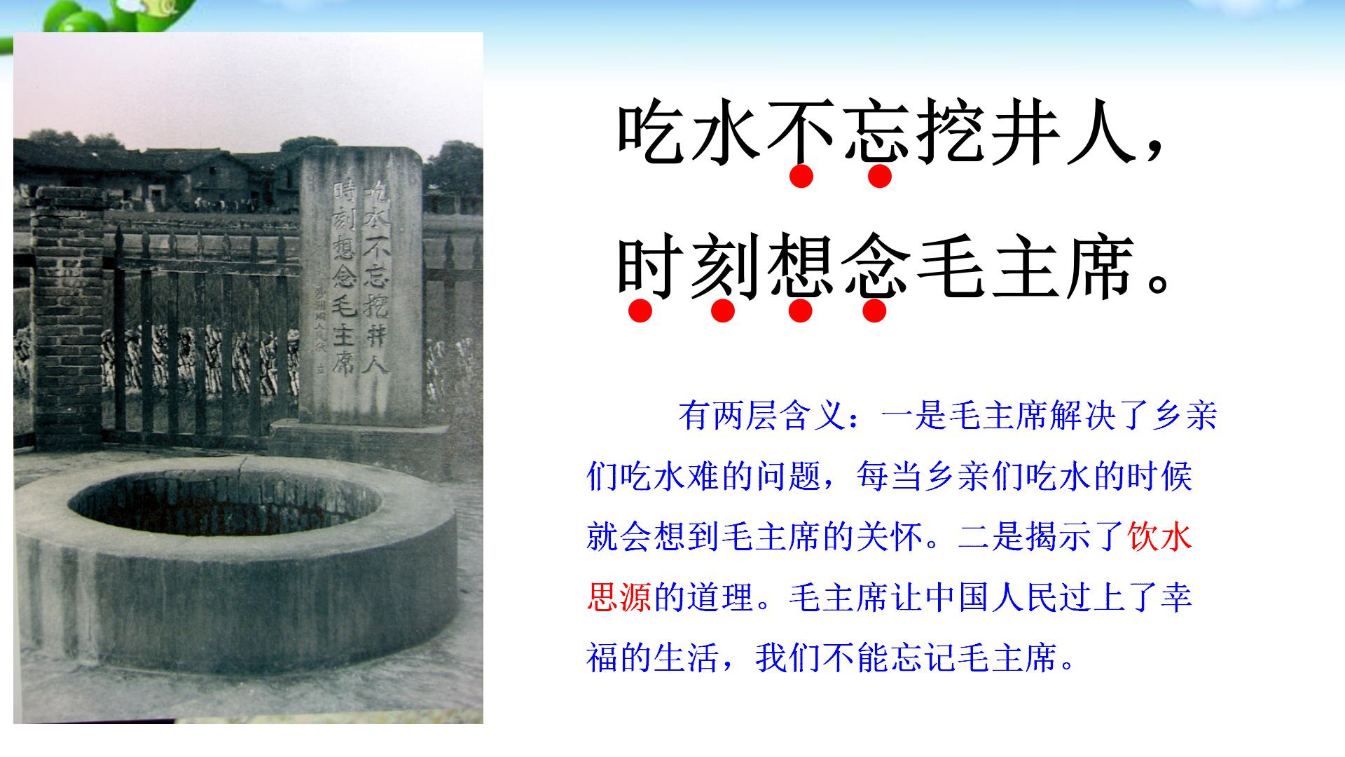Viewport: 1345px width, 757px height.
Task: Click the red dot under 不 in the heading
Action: (801, 176)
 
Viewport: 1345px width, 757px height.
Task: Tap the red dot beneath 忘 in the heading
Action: (879, 176)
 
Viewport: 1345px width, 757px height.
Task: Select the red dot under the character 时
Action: (640, 311)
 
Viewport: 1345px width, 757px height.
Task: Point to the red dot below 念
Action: (874, 311)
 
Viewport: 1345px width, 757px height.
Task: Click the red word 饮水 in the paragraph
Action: (1160, 538)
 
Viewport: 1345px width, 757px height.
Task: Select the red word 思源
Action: (619, 598)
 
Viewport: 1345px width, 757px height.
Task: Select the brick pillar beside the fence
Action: (67, 315)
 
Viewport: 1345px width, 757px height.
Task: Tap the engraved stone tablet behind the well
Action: (361, 287)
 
